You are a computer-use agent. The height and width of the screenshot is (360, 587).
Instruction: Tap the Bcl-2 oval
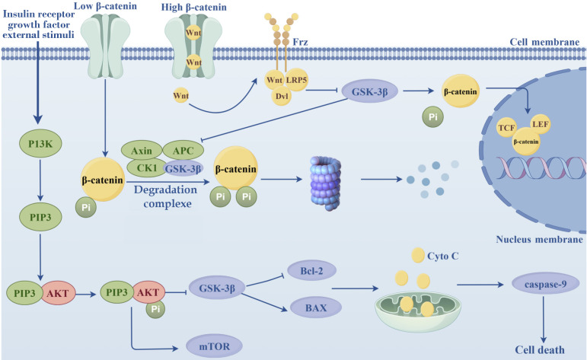click(x=311, y=269)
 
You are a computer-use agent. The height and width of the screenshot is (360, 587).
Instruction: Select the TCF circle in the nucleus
click(x=505, y=129)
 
